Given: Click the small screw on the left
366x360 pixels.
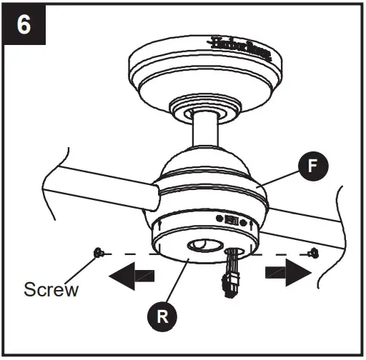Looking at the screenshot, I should (x=98, y=252).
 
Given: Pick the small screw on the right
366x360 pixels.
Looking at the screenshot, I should (x=312, y=252).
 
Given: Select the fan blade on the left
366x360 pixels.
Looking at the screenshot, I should (x=93, y=191).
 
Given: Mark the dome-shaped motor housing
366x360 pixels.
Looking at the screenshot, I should (x=207, y=175).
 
